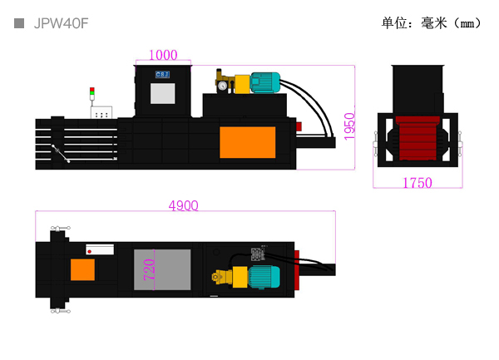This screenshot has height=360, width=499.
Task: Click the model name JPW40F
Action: (x=61, y=23)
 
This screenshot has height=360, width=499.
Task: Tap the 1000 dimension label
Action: (x=163, y=55)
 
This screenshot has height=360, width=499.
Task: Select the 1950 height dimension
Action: (x=349, y=126)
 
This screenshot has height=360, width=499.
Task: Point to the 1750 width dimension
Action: (x=417, y=183)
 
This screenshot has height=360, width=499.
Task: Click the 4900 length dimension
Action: (x=183, y=205)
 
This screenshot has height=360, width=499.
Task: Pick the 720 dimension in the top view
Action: (x=149, y=269)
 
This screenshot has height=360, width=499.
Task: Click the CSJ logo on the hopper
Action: (x=162, y=75)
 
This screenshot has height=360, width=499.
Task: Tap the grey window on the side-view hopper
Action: (x=163, y=93)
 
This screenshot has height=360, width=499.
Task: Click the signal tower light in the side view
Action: (x=92, y=91)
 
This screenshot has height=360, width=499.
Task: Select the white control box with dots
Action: (x=101, y=112)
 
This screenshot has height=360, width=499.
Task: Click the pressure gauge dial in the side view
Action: (x=222, y=86)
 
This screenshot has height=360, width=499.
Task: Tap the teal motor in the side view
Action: (x=264, y=82)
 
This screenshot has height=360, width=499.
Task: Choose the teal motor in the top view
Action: (x=264, y=277)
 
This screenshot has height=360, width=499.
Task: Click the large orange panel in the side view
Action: (x=248, y=142)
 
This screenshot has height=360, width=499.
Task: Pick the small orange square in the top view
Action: (x=82, y=269)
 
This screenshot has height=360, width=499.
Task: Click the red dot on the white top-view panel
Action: (x=90, y=252)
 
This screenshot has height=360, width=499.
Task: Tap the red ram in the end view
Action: (x=417, y=138)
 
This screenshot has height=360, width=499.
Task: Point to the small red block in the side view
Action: (x=299, y=126)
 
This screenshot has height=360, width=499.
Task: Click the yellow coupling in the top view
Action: (x=240, y=277)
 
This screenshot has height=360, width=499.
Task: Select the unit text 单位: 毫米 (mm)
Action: (x=431, y=23)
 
